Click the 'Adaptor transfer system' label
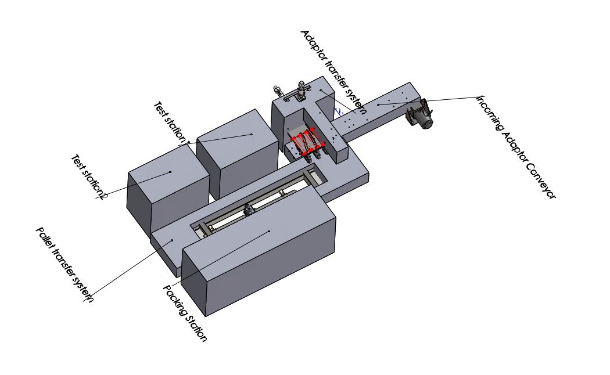point(334,73)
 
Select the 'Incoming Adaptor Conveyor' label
point(516,146)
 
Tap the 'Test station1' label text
point(171,123)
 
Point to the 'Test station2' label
point(89,177)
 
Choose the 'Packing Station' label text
point(184,313)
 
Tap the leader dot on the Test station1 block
point(252,135)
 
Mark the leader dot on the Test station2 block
point(170,172)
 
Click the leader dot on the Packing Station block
point(269,231)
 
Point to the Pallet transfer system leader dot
point(172,240)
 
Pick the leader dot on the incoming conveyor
point(378,104)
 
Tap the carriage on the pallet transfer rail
point(248,211)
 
